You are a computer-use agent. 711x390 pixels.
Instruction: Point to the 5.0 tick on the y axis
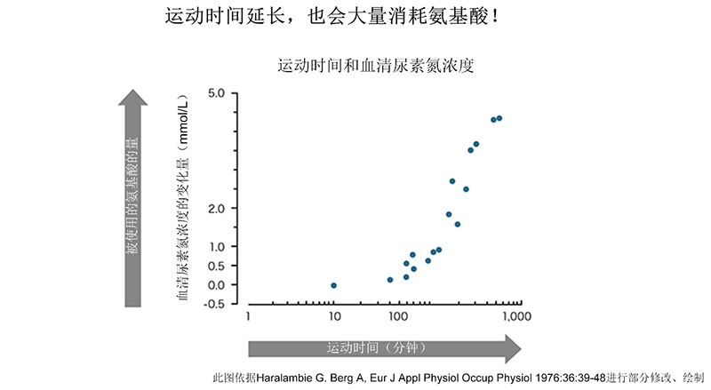216,93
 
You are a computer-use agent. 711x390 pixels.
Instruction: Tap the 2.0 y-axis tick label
216,208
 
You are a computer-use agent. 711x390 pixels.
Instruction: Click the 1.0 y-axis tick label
216,246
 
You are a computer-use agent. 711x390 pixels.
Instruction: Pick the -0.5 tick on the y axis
214,303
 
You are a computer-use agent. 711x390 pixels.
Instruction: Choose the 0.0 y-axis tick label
216,284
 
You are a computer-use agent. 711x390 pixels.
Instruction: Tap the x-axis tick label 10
334,316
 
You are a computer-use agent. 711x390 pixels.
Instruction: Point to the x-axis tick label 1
249,316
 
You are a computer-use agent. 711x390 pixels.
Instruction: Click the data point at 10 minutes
333,285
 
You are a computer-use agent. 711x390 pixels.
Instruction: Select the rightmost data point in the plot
499,118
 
